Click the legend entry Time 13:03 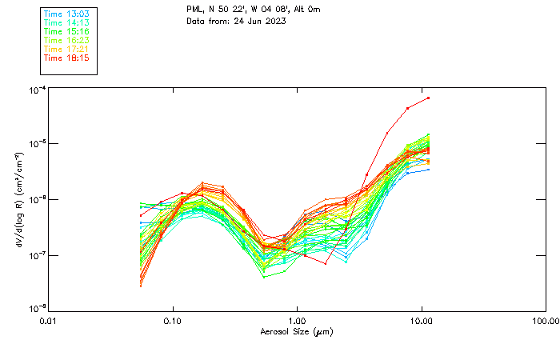[x=66, y=14]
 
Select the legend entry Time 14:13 [x=66, y=23]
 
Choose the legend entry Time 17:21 [x=66, y=50]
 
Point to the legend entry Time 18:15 [x=66, y=58]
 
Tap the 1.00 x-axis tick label [x=297, y=321]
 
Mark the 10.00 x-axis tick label [x=421, y=321]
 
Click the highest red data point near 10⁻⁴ [x=429, y=98]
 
